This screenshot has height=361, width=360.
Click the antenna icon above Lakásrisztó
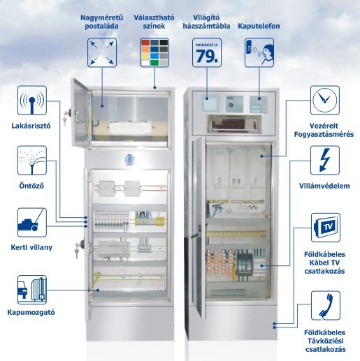pos(32,101)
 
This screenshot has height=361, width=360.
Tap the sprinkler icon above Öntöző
pos(32,161)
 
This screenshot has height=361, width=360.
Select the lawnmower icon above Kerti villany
pos(32,223)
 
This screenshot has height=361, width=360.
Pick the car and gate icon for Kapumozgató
pos(32,290)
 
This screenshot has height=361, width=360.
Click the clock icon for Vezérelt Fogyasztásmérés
pos(325,101)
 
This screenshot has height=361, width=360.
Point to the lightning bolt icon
pos(325,161)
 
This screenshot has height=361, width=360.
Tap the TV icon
pos(326,228)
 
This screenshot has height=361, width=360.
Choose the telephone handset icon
pos(326,306)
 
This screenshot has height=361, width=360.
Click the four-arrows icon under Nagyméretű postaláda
pos(102,53)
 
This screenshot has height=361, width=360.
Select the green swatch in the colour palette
pos(154,63)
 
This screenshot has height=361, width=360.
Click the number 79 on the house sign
pos(207,57)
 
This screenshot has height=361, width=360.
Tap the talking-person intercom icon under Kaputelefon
pos(259,53)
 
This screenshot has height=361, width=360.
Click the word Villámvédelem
pos(324,186)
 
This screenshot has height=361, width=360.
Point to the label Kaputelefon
pos(259,26)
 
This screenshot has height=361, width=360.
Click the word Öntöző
pos(31,186)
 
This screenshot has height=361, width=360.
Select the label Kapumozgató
pos(31,312)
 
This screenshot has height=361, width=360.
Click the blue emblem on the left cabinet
pos(129,159)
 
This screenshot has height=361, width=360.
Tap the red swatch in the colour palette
pos(145,43)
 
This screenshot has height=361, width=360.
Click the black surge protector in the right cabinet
pos(245,265)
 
